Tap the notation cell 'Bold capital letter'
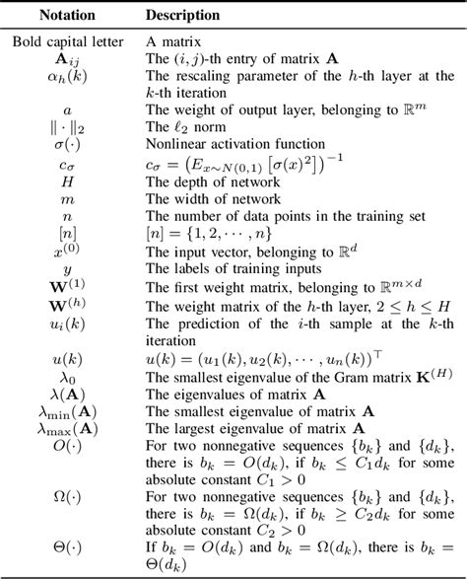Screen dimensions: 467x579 coord(67,41)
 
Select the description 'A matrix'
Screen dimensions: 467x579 coord(173,41)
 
